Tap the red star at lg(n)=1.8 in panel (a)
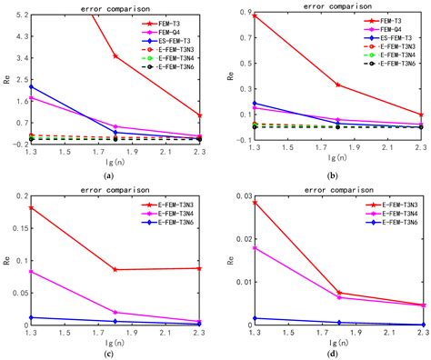tap(115, 56)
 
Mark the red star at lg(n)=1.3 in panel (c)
tap(33, 208)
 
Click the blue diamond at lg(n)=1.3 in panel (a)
tap(33, 87)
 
